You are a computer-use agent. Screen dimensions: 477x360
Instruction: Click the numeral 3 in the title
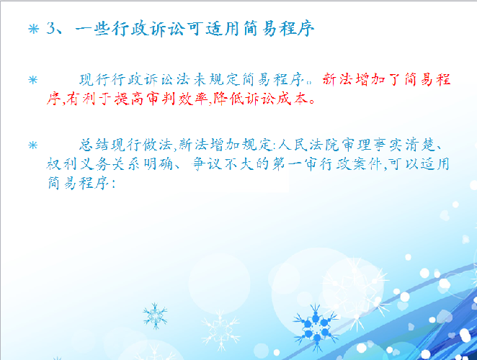point(51,29)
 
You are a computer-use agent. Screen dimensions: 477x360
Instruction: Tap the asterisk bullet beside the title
point(33,30)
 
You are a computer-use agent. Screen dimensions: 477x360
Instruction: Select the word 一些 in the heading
point(92,30)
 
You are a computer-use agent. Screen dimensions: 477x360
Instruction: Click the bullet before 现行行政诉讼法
point(33,80)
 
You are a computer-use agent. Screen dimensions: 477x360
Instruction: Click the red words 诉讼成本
point(276,99)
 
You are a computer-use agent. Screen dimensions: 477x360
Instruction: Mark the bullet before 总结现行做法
point(33,145)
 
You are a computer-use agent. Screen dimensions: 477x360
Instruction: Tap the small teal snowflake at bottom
point(155,316)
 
